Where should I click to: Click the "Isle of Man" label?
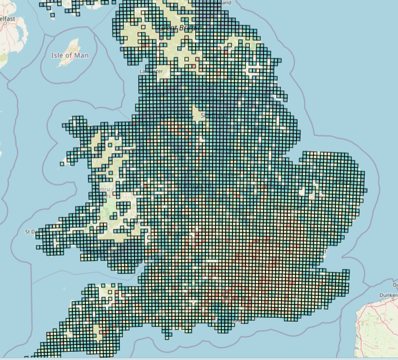[70, 55]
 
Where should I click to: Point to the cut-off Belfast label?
[8, 19]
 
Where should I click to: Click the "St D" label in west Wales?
[31, 232]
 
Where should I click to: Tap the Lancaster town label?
[150, 71]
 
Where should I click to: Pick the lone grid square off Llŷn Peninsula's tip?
[62, 164]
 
